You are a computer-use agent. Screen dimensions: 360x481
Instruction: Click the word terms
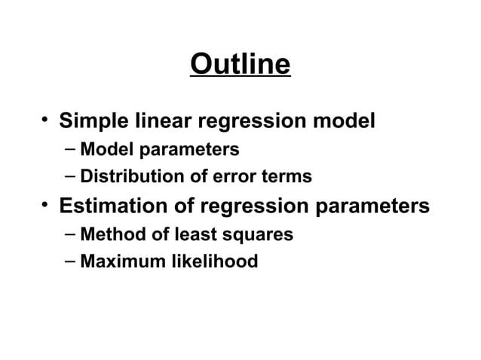pos(287,177)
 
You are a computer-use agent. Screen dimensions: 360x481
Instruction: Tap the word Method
pos(113,234)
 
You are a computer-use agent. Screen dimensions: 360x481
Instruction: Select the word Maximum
pos(121,262)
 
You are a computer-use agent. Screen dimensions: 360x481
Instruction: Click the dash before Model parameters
pos(69,148)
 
